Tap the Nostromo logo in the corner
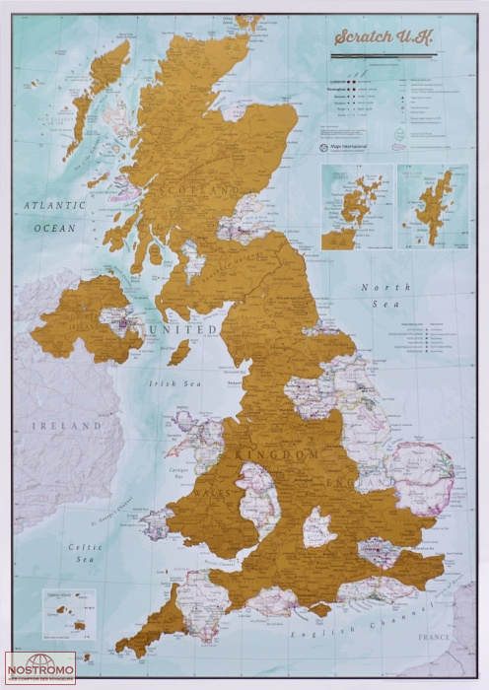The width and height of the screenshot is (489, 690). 40,666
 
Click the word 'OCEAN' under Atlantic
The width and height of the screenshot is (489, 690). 54,227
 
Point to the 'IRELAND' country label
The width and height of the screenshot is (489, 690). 64,426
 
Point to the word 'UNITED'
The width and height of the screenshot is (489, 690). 179,328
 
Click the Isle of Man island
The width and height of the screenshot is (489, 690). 179,352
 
